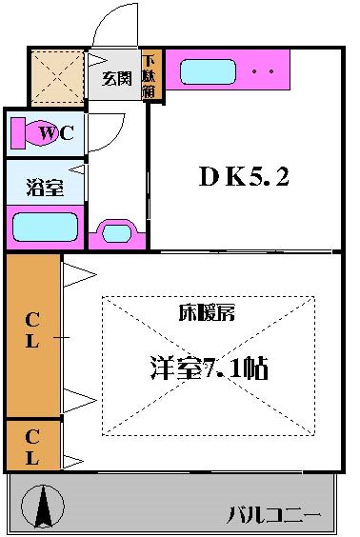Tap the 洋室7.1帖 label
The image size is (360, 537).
coord(207,368)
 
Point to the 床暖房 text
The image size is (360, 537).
coord(208,312)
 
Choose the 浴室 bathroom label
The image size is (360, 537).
coord(44,187)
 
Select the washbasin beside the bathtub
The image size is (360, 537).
coord(116,232)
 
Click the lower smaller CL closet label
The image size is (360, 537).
coord(30,446)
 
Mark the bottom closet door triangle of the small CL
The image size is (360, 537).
coord(75,462)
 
